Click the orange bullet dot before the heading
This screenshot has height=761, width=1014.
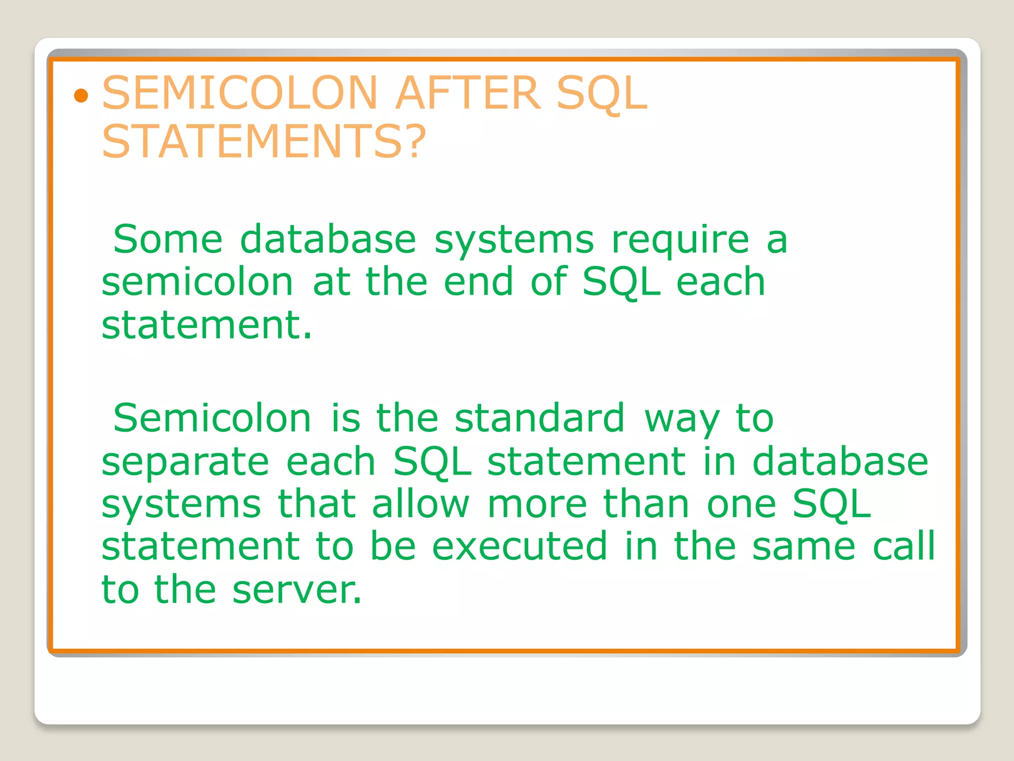81,96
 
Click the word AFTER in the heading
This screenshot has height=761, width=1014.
468,93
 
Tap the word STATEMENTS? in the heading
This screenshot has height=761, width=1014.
264,142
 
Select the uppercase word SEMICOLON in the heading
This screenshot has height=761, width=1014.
240,93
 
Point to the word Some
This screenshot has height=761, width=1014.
168,240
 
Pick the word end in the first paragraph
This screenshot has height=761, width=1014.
478,282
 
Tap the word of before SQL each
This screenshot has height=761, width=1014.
549,282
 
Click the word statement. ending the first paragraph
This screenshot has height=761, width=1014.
207,325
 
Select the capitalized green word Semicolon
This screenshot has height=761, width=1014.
212,419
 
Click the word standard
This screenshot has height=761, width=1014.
540,419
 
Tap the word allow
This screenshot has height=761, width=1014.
420,504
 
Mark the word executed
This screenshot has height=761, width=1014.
519,547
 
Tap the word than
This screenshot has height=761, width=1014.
646,504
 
